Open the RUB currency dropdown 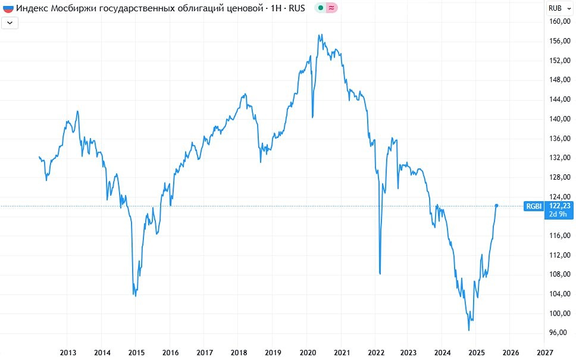[x=558, y=8]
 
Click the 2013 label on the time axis [x=68, y=352]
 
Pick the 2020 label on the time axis [x=307, y=352]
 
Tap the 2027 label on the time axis [x=545, y=352]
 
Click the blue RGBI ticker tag [x=533, y=206]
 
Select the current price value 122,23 [x=560, y=205]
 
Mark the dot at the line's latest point [x=496, y=206]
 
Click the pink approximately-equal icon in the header [x=331, y=8]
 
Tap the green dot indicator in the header [x=320, y=8]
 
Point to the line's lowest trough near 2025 [x=469, y=330]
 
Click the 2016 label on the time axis [x=171, y=352]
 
